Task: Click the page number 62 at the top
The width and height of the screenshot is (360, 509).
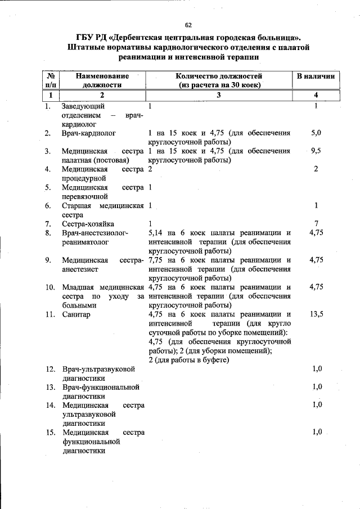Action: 188,25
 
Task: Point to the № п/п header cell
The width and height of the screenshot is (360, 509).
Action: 50,80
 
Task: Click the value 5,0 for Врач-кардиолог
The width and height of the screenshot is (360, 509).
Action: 316,133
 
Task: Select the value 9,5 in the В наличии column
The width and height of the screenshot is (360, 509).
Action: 316,151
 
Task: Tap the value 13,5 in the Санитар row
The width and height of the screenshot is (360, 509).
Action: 316,314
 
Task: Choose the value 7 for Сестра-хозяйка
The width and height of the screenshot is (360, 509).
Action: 317,224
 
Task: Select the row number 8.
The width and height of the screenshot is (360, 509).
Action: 49,233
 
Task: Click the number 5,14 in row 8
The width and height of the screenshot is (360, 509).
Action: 157,233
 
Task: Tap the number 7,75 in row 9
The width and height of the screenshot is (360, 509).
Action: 157,260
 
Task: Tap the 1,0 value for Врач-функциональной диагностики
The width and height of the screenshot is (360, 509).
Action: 316,387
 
